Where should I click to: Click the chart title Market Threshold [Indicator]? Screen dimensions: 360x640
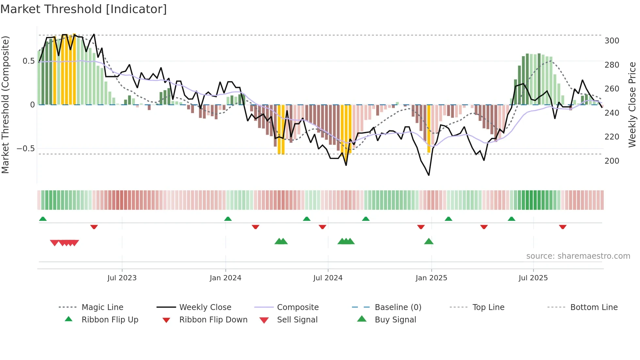[84, 9]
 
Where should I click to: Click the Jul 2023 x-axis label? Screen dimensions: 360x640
[122, 278]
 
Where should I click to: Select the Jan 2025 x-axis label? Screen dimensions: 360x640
[431, 278]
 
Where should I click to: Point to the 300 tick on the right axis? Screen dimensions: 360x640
[612, 41]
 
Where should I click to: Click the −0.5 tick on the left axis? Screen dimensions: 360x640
[25, 149]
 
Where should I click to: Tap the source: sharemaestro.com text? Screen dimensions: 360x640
[578, 256]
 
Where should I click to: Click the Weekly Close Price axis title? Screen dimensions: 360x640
[632, 105]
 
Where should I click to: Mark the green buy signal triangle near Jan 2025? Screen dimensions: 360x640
[429, 242]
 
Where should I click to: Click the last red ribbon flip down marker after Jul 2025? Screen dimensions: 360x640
[562, 227]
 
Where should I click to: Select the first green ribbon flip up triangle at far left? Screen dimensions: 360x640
[43, 219]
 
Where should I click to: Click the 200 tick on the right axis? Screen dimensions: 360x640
[612, 161]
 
